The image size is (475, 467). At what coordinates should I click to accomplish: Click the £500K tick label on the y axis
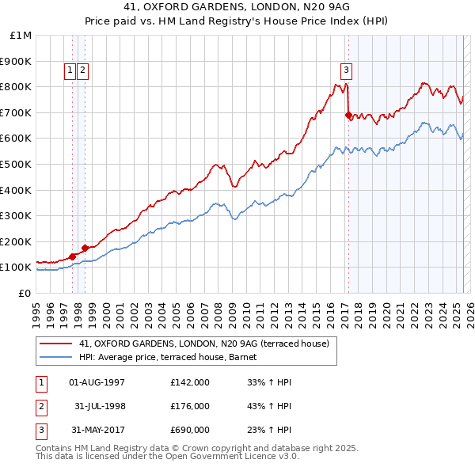click(x=16, y=164)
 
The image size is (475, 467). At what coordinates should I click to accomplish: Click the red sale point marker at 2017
click(x=348, y=115)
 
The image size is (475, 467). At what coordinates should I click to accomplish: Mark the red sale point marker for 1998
click(x=85, y=248)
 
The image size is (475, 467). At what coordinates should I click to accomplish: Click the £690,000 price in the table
click(x=190, y=430)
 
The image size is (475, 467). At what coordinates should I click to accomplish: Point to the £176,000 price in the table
click(x=190, y=406)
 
